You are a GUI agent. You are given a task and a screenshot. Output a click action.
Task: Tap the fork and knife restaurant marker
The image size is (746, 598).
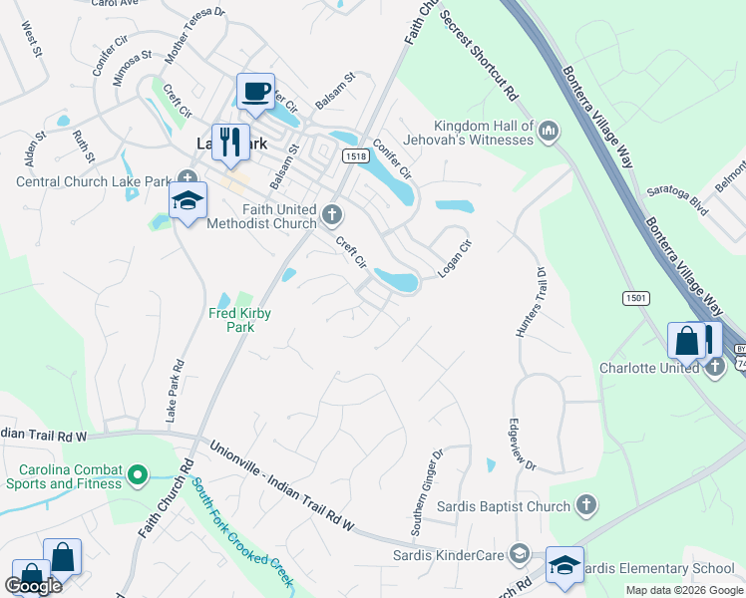[x=231, y=141]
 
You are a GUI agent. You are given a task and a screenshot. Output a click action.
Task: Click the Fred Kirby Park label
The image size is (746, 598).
[x=239, y=320]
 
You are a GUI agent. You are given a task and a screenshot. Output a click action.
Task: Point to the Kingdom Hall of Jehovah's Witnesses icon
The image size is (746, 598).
[x=549, y=132]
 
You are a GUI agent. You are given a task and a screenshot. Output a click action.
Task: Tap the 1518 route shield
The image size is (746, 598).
[x=354, y=155]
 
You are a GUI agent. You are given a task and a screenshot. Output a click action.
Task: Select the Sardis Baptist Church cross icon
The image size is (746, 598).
[x=586, y=505]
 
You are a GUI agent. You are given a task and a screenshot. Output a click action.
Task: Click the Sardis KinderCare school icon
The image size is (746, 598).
[x=519, y=553]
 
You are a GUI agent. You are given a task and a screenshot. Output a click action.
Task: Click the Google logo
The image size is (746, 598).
[x=33, y=586]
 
